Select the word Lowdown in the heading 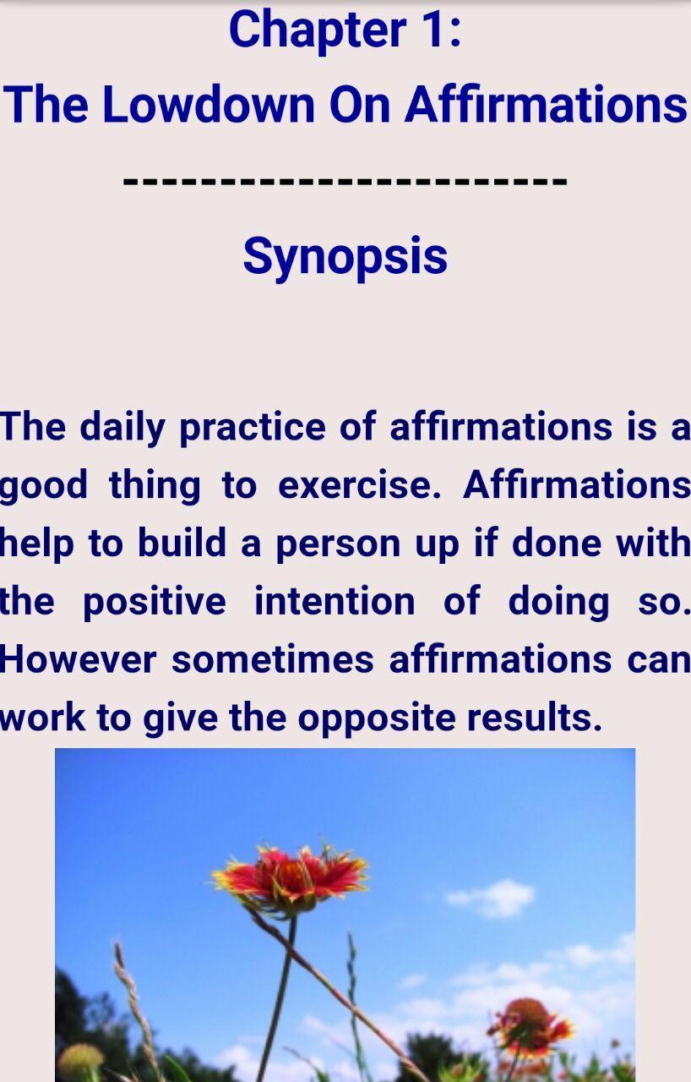point(209,104)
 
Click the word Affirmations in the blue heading point(545,103)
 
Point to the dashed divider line point(345,182)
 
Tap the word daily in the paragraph point(122,428)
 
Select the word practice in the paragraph point(253,428)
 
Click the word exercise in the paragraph point(360,485)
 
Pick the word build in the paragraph point(182,543)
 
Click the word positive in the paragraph point(155,602)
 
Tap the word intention point(335,601)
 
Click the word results point(535,717)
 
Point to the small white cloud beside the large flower point(490,898)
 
